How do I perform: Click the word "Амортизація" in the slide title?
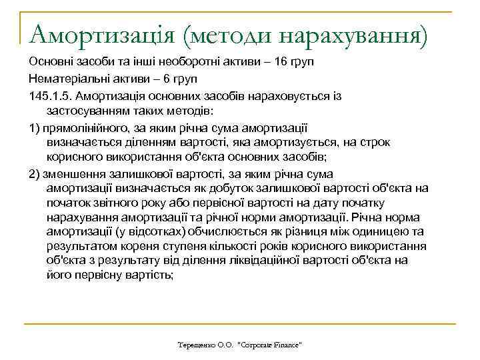(x=95, y=32)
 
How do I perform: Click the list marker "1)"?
(x=34, y=127)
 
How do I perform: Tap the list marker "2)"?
(x=34, y=173)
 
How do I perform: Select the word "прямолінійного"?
(x=87, y=127)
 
